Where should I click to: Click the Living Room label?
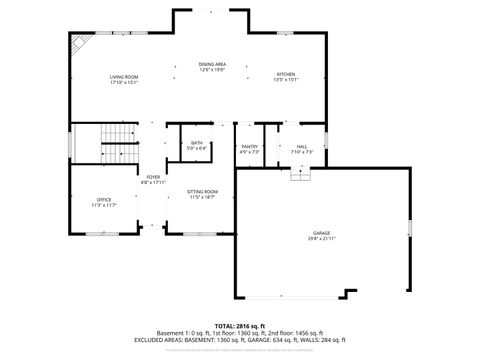click(124, 76)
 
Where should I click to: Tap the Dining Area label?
click(212, 64)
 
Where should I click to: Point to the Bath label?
click(197, 143)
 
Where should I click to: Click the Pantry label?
click(250, 147)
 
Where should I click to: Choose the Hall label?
click(302, 147)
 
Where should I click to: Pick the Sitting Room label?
click(203, 191)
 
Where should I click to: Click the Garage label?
click(322, 232)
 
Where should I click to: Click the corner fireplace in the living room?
click(76, 43)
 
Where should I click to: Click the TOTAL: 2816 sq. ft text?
click(239, 326)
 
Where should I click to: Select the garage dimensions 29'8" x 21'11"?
click(322, 238)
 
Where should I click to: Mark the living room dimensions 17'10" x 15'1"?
click(124, 82)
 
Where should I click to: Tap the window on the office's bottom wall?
click(100, 233)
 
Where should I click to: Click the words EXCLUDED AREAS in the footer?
click(159, 339)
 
